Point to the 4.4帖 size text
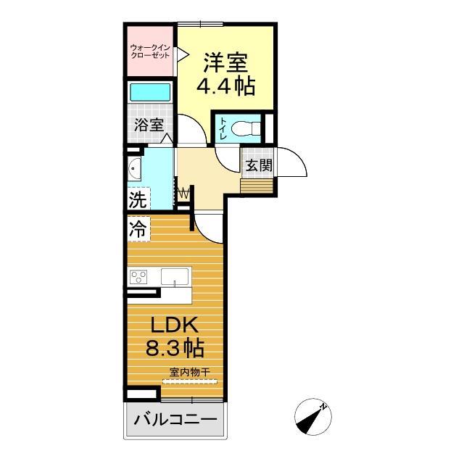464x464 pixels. [225, 87]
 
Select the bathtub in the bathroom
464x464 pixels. [150, 93]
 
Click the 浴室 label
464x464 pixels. [149, 124]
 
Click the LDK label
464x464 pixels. [175, 324]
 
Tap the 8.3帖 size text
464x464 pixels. [175, 348]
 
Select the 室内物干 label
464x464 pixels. [190, 373]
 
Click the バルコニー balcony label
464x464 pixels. [175, 420]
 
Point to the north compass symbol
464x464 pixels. [313, 417]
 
